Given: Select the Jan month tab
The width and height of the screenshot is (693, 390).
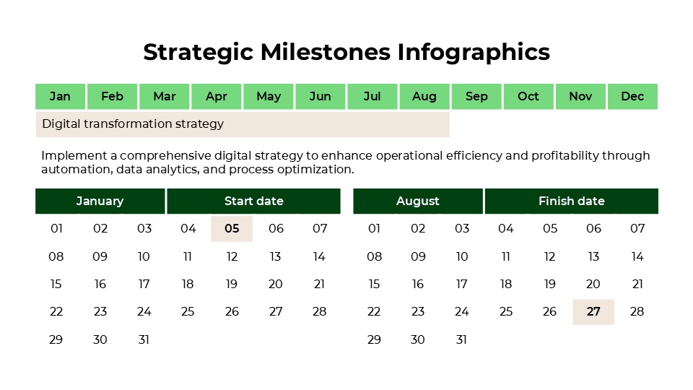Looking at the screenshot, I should coord(61,96).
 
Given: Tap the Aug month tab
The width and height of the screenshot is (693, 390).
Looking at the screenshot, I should coord(424,96).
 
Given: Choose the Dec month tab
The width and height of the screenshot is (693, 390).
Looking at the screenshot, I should coord(632,96).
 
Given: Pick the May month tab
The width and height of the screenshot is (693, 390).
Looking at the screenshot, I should coord(269,96).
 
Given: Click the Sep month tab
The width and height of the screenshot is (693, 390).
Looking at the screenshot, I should coord(476,96).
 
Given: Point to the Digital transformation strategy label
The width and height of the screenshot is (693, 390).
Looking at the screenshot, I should coord(133,123).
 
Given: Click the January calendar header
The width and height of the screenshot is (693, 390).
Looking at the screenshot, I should coord(100,201).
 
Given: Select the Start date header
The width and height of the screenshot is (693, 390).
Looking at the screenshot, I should coord(253,201).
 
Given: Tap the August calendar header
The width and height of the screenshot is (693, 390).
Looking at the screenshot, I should coord(417,201).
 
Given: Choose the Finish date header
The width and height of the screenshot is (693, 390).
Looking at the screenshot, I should coord(571,201).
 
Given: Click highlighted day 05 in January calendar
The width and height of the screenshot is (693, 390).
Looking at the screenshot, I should coord(232,229).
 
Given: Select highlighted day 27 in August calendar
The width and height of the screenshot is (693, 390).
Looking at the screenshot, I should coord(593,312).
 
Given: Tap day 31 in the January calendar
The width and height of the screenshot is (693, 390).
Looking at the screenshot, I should coord(144,339).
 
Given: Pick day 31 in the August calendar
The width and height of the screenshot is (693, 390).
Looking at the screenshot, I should coord(462,339).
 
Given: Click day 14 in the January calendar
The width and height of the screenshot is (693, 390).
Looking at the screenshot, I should coord(320,256).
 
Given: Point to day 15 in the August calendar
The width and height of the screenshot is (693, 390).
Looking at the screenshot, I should coord(374,284).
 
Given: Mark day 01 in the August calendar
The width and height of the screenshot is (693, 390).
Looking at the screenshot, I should coord(374,229).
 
